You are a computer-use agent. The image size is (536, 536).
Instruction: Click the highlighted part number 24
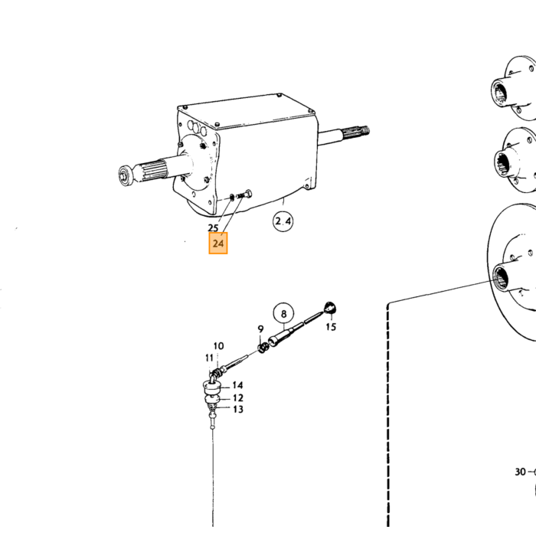pos(218,243)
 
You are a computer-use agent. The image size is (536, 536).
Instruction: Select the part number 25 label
pos(213,227)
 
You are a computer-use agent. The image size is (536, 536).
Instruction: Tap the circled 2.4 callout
pos(283,221)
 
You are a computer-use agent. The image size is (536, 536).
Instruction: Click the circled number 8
pos(283,313)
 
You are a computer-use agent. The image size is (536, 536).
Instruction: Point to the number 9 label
pos(260,328)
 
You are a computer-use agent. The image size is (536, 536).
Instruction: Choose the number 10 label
pos(218,346)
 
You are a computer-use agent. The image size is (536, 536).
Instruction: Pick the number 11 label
pos(209,358)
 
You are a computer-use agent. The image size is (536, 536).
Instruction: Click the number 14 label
pos(237,385)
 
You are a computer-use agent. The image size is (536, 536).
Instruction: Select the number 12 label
pos(238,398)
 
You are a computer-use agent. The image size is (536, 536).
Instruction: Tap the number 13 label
pos(238,409)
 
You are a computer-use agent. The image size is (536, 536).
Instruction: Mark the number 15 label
pos(331,327)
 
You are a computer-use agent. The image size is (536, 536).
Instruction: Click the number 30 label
pos(520,472)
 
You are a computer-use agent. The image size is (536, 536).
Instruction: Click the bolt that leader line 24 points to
pos(244,195)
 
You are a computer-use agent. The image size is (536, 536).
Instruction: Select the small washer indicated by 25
pos(232,198)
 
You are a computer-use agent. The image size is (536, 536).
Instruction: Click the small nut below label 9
pos(262,348)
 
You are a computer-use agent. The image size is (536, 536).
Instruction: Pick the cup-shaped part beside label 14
pos(211,388)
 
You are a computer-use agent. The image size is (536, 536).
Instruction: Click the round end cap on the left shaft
pos(124,175)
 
